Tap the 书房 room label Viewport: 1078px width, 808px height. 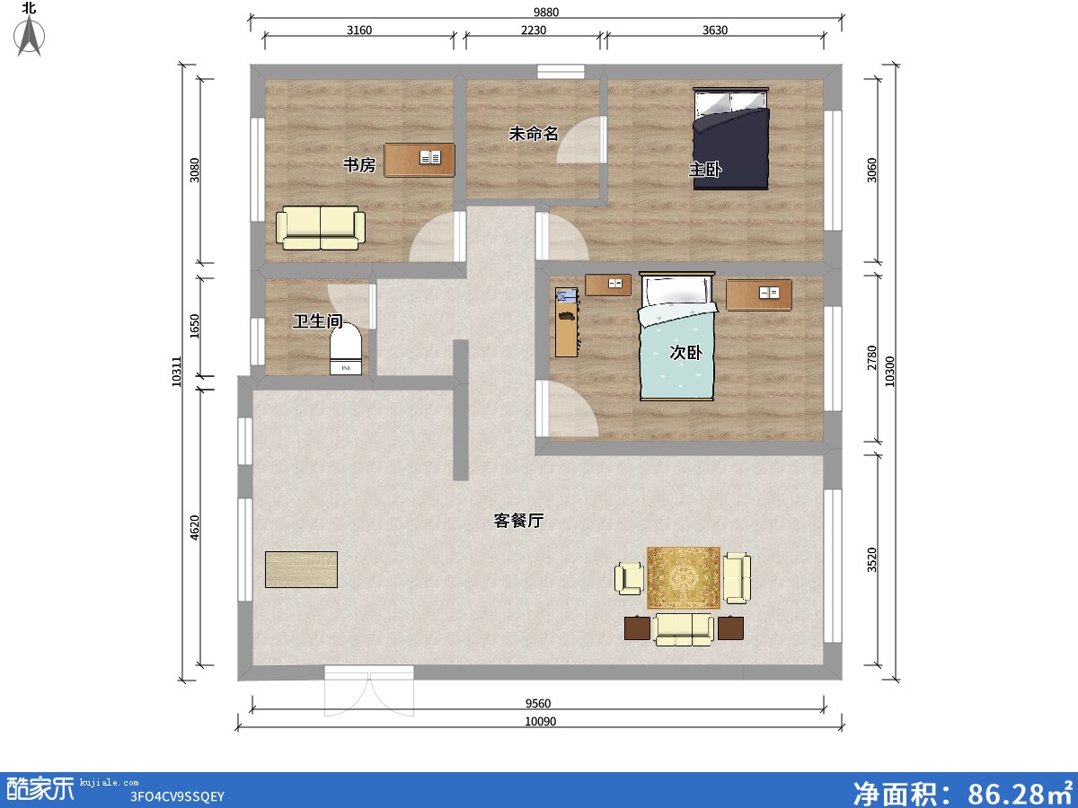[x=358, y=165]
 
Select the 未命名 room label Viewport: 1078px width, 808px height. [x=534, y=134]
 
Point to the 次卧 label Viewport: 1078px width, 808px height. [x=685, y=353]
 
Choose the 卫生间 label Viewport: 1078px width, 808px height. [x=318, y=321]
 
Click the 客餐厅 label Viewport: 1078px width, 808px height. [x=518, y=521]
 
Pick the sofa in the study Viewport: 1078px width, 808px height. [x=320, y=228]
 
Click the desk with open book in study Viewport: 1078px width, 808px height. [x=420, y=160]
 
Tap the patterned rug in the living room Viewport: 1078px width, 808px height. [x=684, y=577]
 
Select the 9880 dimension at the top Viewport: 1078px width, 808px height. [x=545, y=13]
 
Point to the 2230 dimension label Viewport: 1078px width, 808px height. [x=533, y=30]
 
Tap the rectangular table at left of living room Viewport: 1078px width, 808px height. [x=301, y=569]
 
